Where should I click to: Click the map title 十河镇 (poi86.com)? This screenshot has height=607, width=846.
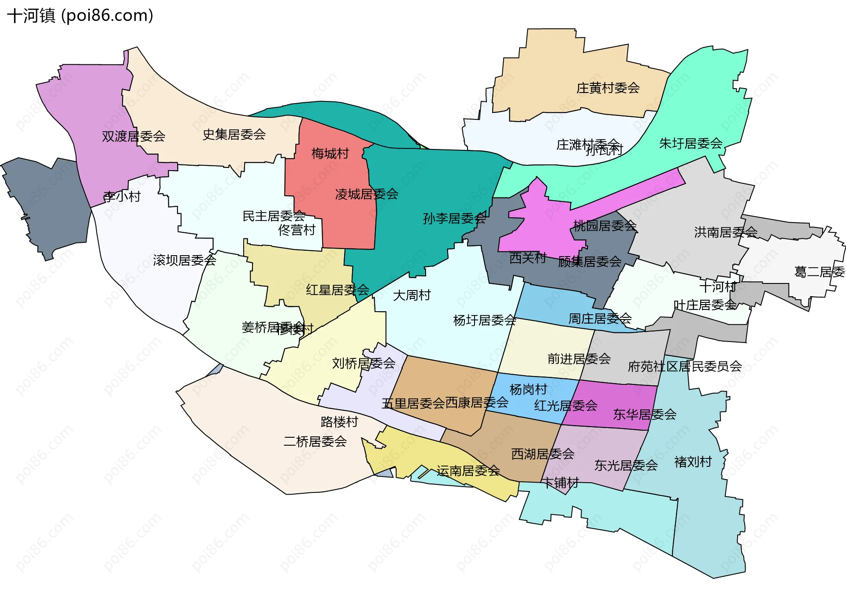pos(80,15)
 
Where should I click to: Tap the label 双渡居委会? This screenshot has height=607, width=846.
pos(134,136)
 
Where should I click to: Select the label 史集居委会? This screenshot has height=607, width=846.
pos(234,134)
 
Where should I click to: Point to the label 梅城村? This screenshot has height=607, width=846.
pos(330,153)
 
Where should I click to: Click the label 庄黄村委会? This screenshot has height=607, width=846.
pos(608,88)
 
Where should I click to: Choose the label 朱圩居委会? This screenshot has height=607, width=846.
pos(690,143)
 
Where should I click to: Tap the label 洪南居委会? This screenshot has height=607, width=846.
pos(726,232)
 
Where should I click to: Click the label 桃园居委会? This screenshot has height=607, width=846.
pos(605,226)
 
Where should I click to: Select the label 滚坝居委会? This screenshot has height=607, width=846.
pos(185,260)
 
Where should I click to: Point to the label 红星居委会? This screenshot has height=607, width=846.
pos(338,290)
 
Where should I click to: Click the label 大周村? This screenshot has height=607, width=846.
pos(412,295)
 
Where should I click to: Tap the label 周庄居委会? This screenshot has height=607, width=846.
pos(600,318)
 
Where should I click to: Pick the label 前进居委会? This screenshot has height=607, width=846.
pos(579,359)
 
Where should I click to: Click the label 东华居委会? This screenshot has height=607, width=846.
pos(645,414)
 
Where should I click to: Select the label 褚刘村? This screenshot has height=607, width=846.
pos(693,462)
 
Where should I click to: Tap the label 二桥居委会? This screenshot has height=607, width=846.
pos(315,441)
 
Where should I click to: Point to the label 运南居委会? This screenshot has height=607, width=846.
pos(468,471)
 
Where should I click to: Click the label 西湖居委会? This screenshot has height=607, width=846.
pos(543,454)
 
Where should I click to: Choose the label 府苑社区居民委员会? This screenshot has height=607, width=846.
pos(685,366)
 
